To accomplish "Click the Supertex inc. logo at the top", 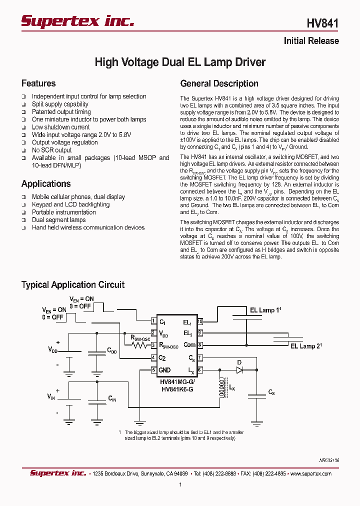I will click(77, 21).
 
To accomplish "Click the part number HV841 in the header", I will click(322, 23).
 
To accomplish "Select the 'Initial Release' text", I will click(311, 41).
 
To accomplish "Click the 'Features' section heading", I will click(38, 83).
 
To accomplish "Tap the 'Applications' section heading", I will click(46, 183).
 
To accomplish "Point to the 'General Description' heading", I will click(219, 83).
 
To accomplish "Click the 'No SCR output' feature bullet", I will click(51, 150).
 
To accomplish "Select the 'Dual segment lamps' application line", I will click(58, 220).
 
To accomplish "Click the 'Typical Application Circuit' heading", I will click(73, 284).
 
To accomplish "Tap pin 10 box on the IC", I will click(200, 321).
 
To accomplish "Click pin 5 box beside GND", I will click(154, 370).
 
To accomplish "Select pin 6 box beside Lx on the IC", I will click(200, 370).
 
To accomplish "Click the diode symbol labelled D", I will click(239, 370).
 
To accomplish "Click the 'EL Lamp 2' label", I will click(306, 346).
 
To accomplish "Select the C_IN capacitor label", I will click(112, 398).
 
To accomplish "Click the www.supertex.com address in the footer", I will click(310, 473).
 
